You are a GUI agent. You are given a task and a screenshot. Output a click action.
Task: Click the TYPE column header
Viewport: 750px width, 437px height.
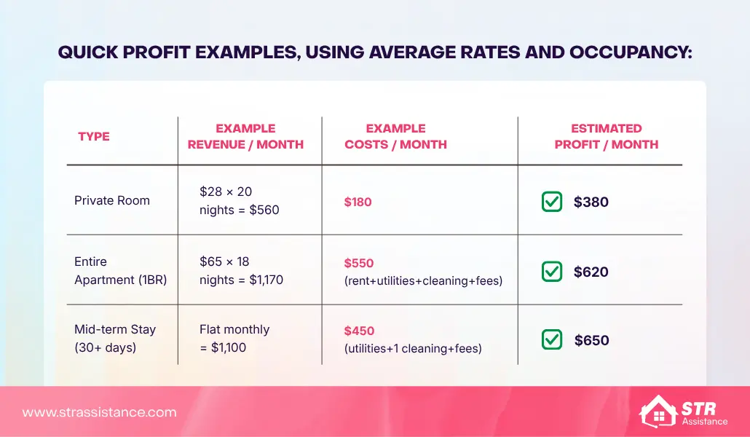pyautogui.click(x=93, y=136)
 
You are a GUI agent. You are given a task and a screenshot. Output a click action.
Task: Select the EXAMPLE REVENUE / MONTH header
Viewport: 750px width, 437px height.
pyautogui.click(x=245, y=136)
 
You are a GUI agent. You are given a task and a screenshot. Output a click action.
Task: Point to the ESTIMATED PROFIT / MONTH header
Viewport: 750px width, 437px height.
pyautogui.click(x=606, y=136)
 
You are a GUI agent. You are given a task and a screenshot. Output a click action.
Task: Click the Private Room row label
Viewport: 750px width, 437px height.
pyautogui.click(x=112, y=200)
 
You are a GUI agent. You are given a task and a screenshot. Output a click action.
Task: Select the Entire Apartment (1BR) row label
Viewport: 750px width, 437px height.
pyautogui.click(x=121, y=270)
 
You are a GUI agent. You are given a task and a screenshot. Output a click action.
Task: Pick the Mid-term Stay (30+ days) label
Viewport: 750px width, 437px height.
pyautogui.click(x=115, y=338)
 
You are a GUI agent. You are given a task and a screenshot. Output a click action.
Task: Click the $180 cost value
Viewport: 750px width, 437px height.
pyautogui.click(x=358, y=202)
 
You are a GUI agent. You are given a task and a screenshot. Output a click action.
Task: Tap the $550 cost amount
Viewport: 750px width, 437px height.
pyautogui.click(x=358, y=263)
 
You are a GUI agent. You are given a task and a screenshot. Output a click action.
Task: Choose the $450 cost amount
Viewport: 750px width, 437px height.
pyautogui.click(x=358, y=331)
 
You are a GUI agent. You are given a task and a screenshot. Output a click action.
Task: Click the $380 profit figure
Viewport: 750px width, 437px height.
pyautogui.click(x=591, y=202)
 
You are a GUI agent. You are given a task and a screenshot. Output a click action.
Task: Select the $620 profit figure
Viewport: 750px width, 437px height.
pyautogui.click(x=591, y=272)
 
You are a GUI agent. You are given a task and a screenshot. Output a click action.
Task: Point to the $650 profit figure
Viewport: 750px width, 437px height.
pyautogui.click(x=591, y=340)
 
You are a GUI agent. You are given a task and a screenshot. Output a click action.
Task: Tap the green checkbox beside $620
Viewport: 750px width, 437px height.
pyautogui.click(x=552, y=272)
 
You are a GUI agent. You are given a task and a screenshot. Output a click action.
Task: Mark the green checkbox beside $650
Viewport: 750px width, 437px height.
pyautogui.click(x=552, y=339)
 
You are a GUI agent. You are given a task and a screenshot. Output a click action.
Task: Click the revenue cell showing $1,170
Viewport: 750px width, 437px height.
pyautogui.click(x=241, y=270)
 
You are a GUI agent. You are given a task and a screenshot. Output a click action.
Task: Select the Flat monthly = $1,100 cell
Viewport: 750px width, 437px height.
pyautogui.click(x=234, y=338)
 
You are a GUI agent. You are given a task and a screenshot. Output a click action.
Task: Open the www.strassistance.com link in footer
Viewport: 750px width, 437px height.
pyautogui.click(x=99, y=412)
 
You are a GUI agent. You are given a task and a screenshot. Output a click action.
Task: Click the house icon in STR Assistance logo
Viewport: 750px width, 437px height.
pyautogui.click(x=658, y=412)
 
